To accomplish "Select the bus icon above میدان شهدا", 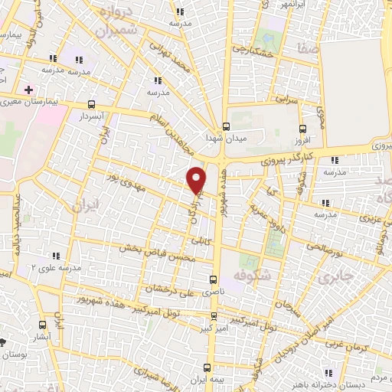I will tap(226, 126).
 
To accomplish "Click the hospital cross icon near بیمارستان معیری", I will tap(28, 90).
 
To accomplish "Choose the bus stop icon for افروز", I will tap(303, 129).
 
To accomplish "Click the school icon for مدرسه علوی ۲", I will tap(55, 256).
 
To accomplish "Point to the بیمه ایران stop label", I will tap(209, 381).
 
